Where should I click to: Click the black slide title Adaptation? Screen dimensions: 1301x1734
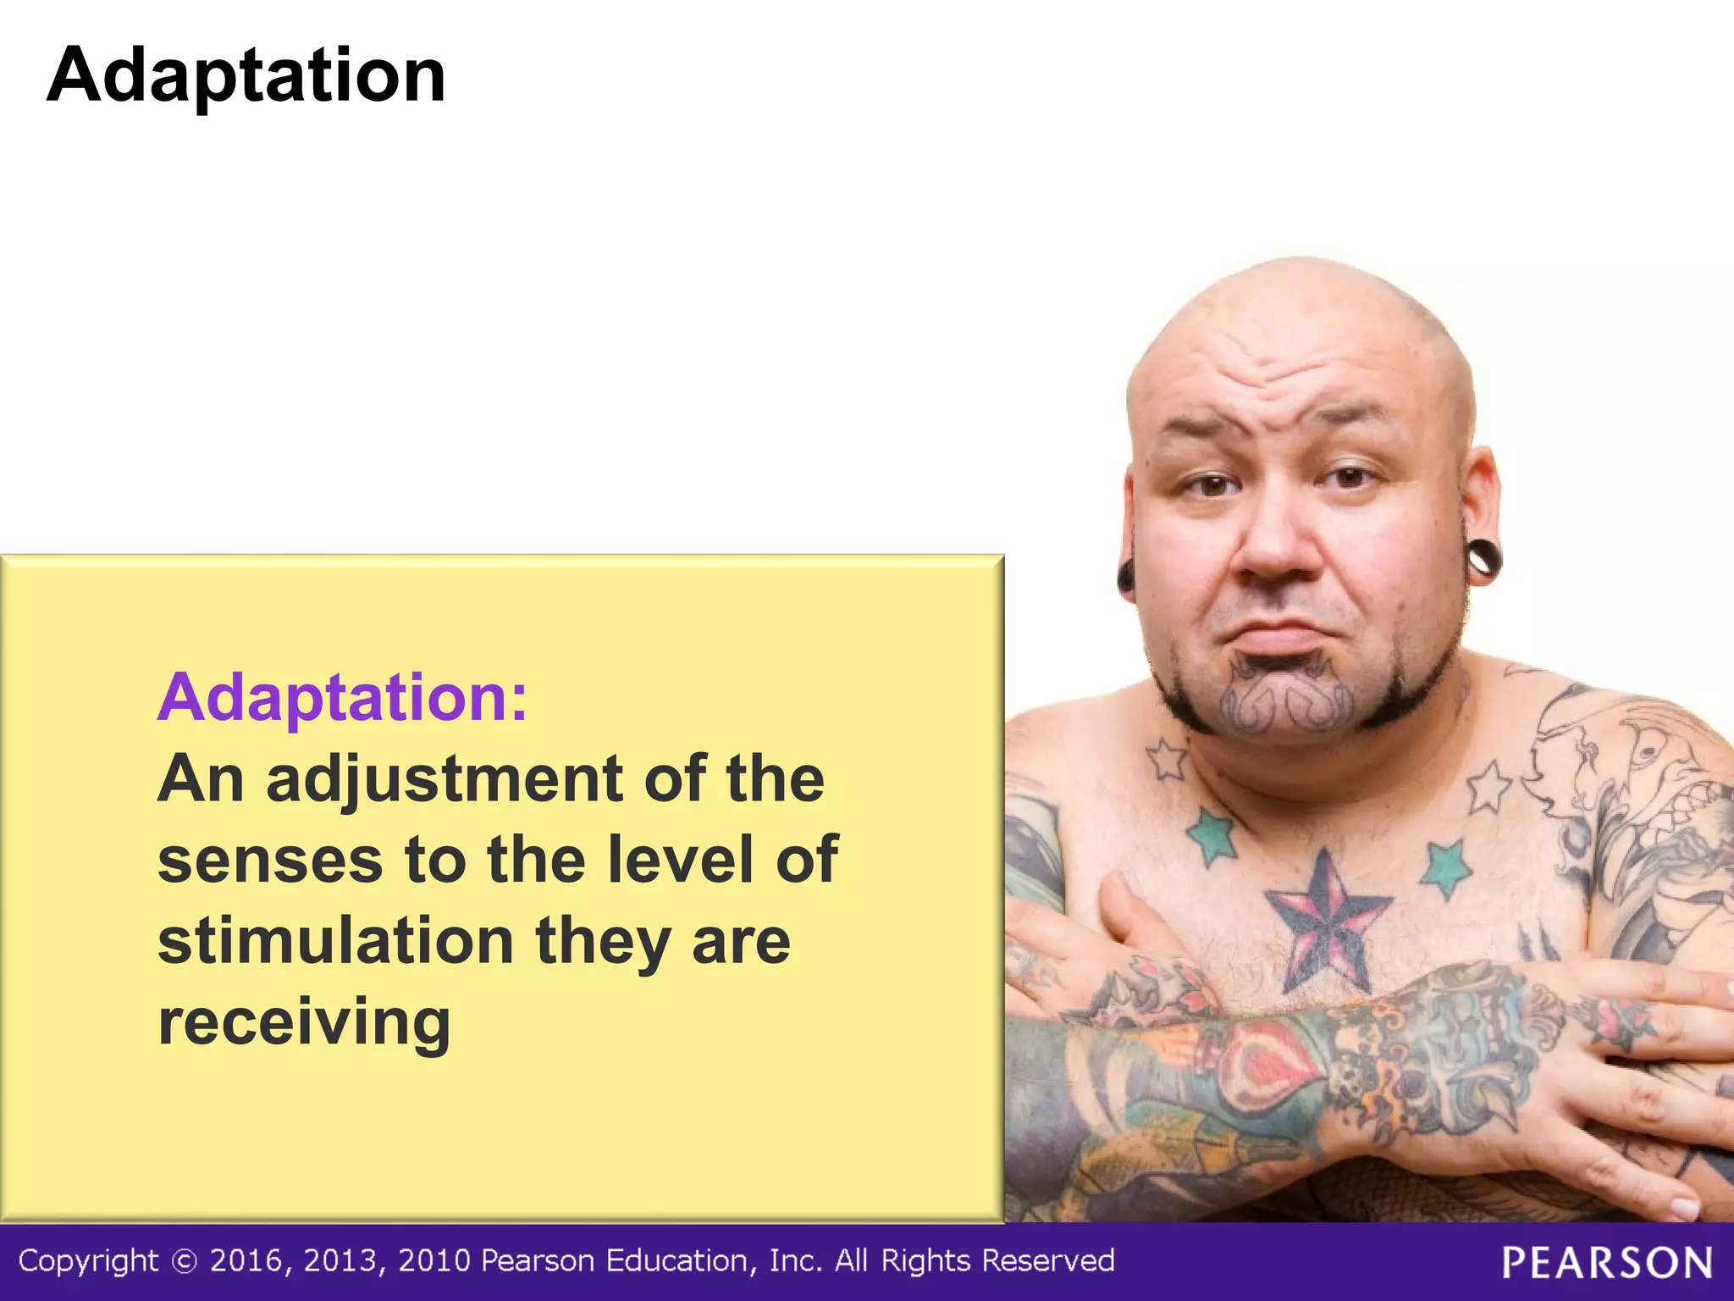point(246,76)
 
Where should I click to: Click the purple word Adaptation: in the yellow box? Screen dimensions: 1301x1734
point(342,698)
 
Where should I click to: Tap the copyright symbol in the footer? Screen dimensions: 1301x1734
point(184,1262)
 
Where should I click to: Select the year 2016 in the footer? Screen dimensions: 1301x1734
point(246,1262)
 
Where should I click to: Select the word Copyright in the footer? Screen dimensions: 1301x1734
point(88,1262)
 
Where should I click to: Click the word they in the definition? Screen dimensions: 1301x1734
point(603,941)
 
